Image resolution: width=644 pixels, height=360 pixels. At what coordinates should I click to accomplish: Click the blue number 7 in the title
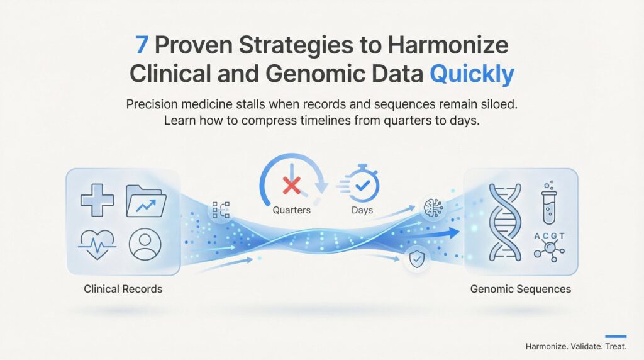point(142,45)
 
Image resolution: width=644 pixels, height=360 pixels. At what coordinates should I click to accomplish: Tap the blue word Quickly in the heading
point(472,74)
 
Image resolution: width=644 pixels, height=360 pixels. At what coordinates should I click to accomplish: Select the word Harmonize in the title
point(448,45)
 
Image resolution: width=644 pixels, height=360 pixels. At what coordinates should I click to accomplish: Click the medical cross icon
point(97,200)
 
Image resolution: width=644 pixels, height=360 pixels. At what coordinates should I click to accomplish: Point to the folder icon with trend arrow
point(146,201)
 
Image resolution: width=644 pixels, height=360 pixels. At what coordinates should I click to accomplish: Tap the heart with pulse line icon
point(97,244)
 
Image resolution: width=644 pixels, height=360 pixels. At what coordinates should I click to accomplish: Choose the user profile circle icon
point(145,244)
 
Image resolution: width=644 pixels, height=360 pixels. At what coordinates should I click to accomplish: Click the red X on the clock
point(292,185)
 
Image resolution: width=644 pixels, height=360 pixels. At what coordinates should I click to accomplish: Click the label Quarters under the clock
point(292,210)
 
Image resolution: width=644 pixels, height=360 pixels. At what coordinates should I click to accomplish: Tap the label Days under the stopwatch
point(362,210)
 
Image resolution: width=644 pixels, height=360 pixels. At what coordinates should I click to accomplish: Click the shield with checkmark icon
point(417,259)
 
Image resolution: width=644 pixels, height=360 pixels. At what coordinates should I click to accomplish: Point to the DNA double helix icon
point(505,222)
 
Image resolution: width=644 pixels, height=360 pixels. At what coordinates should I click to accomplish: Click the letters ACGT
point(549,236)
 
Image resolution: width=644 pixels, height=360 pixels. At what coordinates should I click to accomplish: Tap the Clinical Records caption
point(123,289)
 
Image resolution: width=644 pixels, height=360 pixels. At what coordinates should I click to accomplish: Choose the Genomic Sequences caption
point(520,290)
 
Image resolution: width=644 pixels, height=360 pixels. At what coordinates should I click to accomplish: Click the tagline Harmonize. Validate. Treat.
point(576,346)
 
